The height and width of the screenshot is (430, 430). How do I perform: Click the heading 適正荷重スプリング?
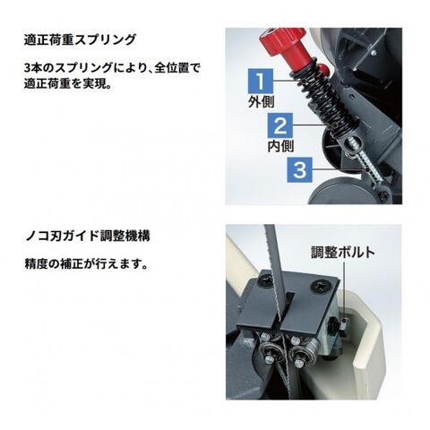tap(80, 39)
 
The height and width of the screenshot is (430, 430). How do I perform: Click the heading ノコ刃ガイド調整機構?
tap(87, 236)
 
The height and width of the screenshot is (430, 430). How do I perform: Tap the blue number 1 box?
tap(261, 81)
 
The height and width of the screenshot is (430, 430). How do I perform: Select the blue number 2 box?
tap(279, 125)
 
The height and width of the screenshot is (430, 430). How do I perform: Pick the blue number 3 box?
tap(299, 169)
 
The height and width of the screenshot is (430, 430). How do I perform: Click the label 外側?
tap(261, 102)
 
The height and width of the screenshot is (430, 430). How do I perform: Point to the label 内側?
tap(280, 146)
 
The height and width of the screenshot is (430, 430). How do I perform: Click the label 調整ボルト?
tap(343, 253)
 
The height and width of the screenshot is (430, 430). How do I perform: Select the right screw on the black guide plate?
tap(322, 287)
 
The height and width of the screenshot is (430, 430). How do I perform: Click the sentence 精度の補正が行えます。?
tap(86, 264)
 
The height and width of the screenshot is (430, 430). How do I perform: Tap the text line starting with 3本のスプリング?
tap(112, 68)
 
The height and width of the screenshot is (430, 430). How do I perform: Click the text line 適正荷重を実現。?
tap(68, 83)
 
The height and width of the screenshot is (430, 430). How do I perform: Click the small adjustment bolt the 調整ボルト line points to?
tap(344, 322)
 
